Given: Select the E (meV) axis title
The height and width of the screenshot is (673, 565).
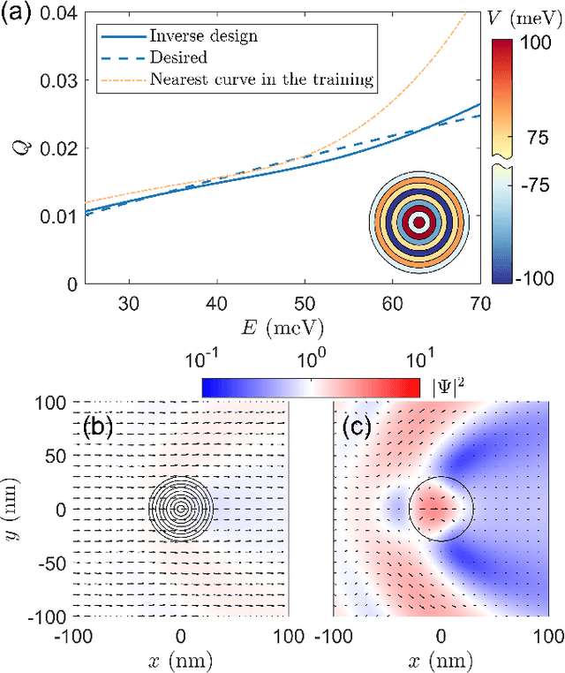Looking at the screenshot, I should point(282,328).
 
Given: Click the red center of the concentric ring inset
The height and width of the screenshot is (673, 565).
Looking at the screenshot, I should point(419,222).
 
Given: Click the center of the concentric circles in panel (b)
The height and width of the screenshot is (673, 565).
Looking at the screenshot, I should point(181,509).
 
